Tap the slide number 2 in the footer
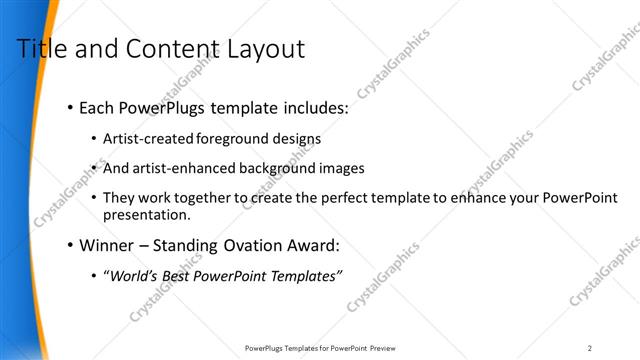click(590, 348)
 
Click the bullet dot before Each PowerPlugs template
click(69, 107)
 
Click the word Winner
click(107, 245)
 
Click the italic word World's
click(135, 276)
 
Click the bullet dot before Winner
click(69, 245)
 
